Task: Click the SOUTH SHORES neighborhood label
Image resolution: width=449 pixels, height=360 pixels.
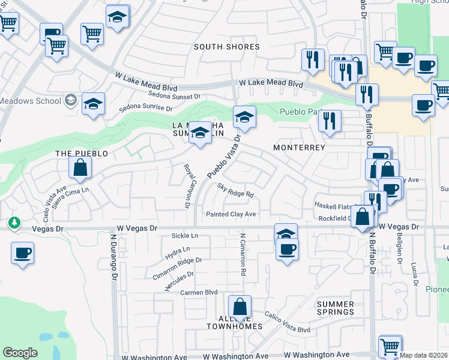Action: coord(227,47)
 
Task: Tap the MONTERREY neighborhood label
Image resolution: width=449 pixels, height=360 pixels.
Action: coord(299,147)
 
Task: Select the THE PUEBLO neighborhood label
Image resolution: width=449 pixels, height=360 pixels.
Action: coord(82,154)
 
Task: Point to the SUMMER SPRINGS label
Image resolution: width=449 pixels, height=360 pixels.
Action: coord(335,308)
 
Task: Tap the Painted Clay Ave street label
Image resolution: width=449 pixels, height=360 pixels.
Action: coord(231,214)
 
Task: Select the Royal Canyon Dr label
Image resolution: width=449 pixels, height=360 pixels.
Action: coord(187,186)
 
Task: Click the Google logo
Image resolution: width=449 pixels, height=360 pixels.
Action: coord(20,353)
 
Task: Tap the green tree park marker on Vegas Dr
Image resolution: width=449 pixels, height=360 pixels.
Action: coord(14,224)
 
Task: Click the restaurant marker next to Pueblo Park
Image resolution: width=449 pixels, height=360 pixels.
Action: coord(329,121)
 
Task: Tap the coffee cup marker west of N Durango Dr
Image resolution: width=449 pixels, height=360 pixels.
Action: coord(22,252)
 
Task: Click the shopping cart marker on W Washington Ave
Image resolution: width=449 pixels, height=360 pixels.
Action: coord(390,346)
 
